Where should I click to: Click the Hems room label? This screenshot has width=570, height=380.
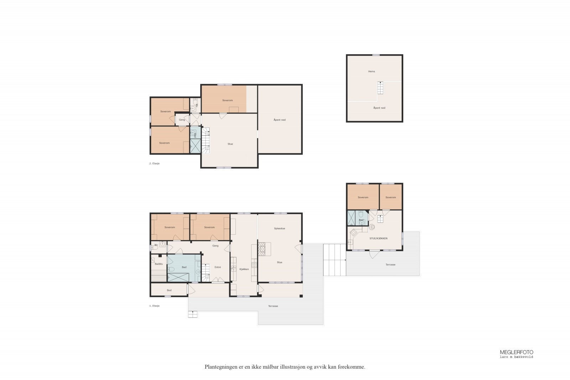click(372, 72)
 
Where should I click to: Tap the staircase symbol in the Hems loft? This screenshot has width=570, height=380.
click(381, 88)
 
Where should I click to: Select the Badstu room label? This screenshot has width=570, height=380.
click(159, 264)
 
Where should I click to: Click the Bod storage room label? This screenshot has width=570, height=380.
click(169, 290)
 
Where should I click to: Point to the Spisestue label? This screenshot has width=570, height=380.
click(280, 228)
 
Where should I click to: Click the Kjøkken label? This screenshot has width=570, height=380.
click(244, 269)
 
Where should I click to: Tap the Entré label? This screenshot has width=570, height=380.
click(217, 267)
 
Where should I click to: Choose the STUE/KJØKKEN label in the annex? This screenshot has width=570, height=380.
click(378, 238)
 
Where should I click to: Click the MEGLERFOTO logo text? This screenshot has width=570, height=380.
click(517, 352)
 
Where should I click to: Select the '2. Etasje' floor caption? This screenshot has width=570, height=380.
click(154, 163)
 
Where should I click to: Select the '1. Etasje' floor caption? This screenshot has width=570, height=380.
click(154, 306)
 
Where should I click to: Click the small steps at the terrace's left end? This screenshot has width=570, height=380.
click(193, 314)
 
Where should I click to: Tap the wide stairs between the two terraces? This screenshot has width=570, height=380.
click(335, 260)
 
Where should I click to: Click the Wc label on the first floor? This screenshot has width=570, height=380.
click(156, 245)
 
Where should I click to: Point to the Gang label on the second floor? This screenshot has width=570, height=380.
click(182, 120)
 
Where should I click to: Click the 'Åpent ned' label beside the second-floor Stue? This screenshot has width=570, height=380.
click(280, 120)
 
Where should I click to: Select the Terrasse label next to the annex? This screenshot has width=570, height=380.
click(390, 265)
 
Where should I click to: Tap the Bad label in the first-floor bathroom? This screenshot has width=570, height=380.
click(184, 267)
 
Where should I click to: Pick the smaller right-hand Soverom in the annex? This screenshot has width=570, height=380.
click(390, 197)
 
